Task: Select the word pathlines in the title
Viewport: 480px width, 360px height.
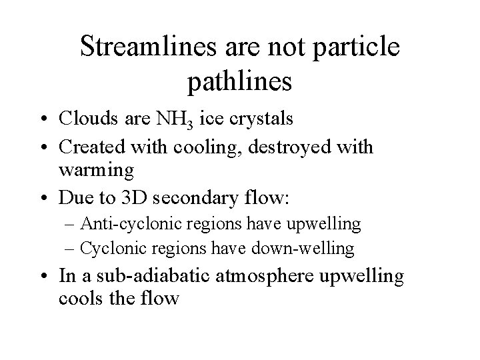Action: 240,81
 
